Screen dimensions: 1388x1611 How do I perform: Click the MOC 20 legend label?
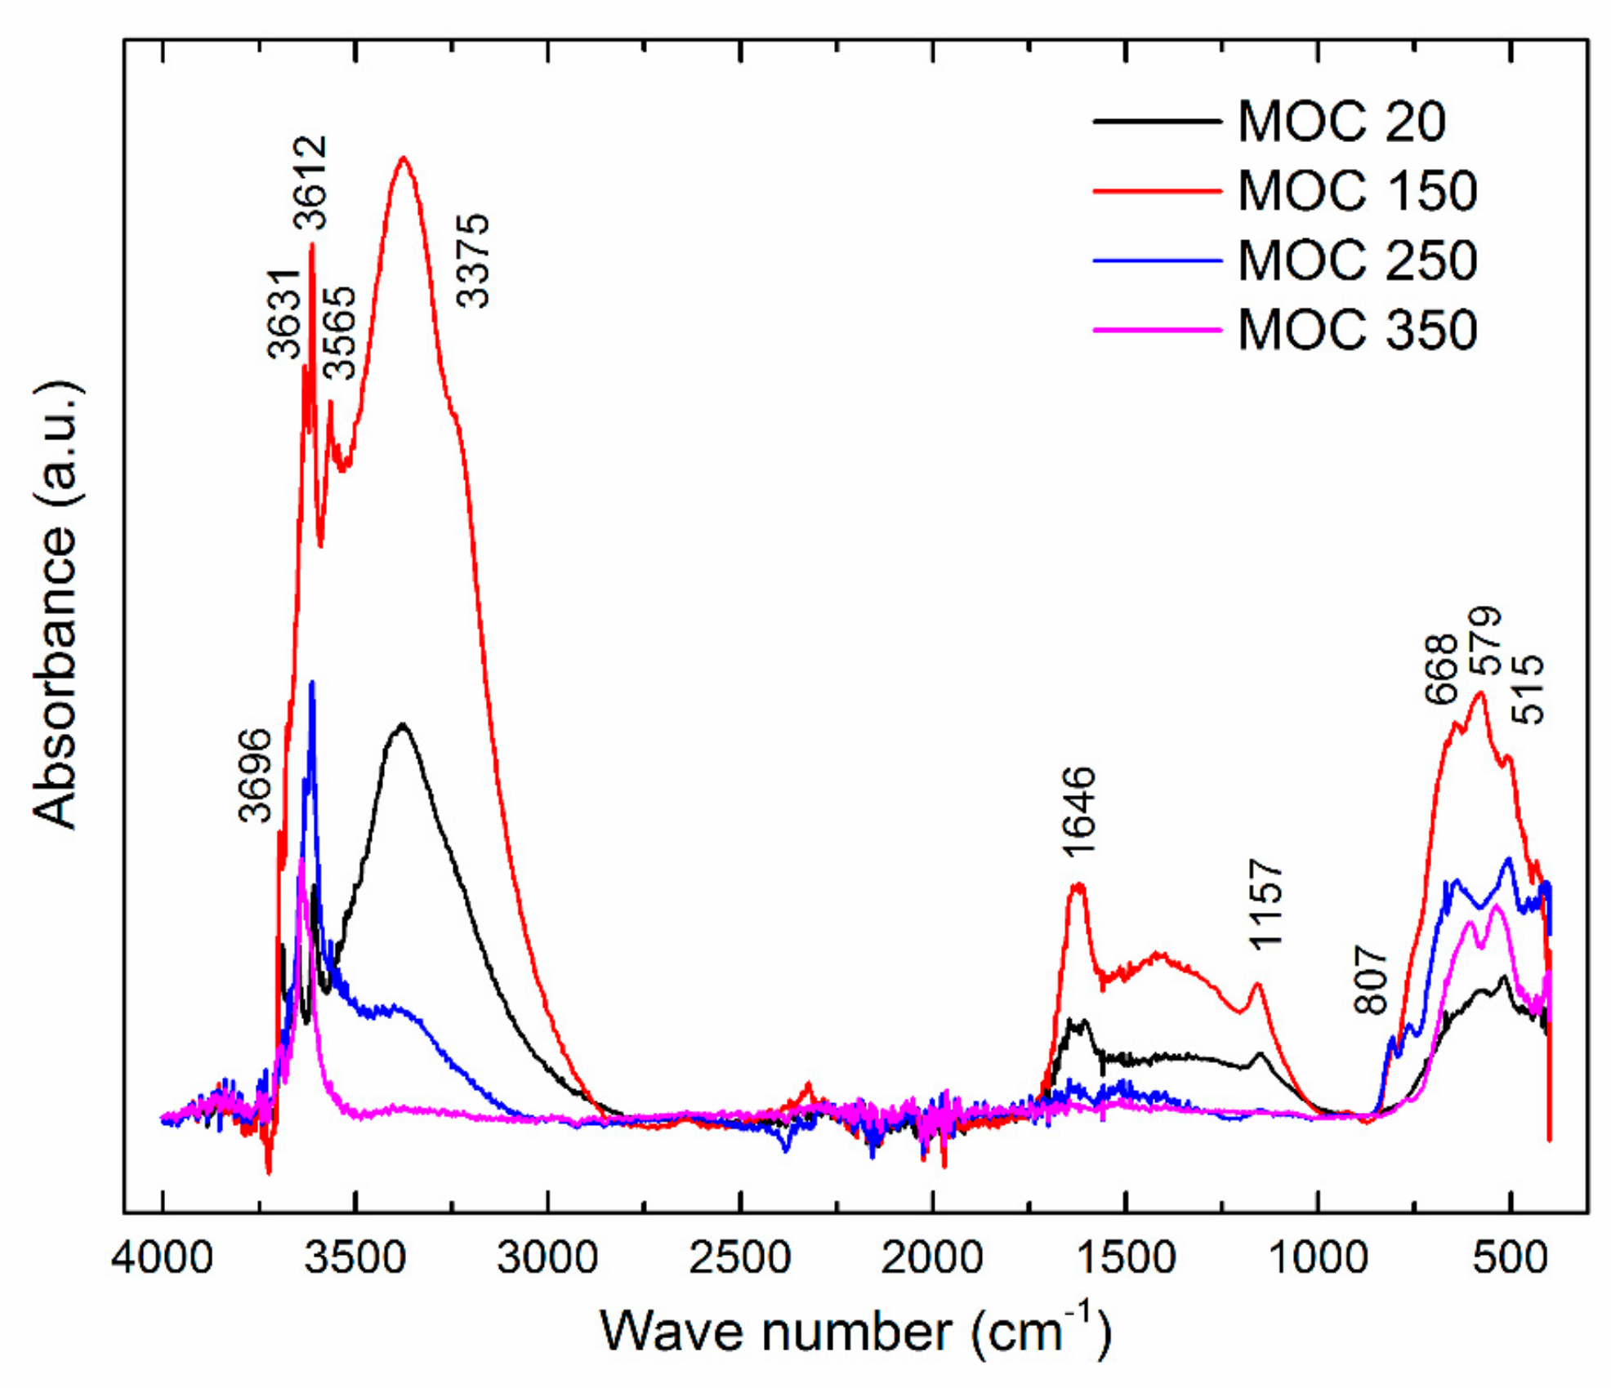[x=1341, y=122]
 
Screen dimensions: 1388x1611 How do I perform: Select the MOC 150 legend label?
[x=1357, y=191]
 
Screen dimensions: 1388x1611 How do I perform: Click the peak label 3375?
[x=473, y=260]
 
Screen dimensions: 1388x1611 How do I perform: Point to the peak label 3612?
[x=310, y=183]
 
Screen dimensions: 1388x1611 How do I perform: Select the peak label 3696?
[x=255, y=775]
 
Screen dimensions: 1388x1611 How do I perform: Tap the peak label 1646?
[x=1079, y=812]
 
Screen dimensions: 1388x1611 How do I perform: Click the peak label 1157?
[x=1267, y=904]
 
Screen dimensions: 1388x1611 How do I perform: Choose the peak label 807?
[x=1372, y=980]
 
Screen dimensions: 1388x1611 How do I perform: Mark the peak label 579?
[x=1486, y=641]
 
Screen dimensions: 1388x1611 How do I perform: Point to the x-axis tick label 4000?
[x=163, y=1258]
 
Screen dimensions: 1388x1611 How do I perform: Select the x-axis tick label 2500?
[x=740, y=1258]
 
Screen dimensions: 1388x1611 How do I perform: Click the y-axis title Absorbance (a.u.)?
[x=56, y=604]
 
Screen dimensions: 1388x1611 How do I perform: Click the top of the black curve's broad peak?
[x=402, y=724]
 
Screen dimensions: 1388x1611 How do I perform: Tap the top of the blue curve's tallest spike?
[x=311, y=682]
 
